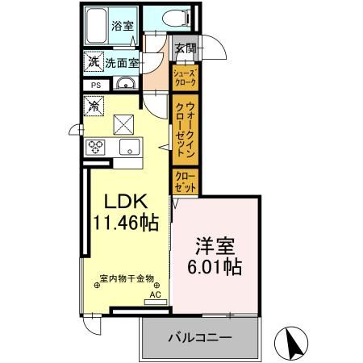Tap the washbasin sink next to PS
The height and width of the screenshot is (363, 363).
coord(125,86)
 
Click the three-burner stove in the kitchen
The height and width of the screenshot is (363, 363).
coord(96,147)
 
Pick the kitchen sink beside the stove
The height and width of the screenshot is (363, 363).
coord(127,147)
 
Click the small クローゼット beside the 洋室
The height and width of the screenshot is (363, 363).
coord(185,180)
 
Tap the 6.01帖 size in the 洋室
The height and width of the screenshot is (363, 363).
coord(214,265)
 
